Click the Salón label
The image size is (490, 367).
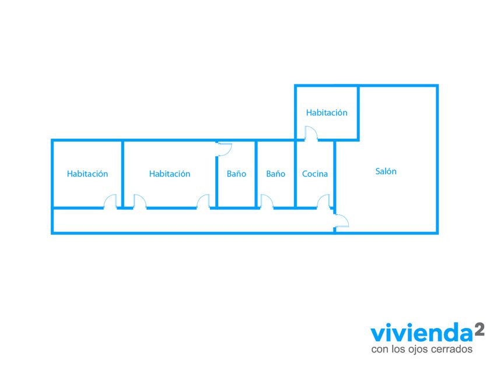point(386,171)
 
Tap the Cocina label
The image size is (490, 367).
point(315,174)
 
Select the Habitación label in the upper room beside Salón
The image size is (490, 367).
point(327,112)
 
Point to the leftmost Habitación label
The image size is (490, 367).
point(87,174)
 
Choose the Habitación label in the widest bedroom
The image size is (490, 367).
point(170,174)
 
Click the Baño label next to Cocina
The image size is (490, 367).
point(276,174)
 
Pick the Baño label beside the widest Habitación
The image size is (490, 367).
point(236,174)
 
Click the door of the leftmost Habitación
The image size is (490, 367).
point(111,202)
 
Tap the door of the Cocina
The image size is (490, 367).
point(324,202)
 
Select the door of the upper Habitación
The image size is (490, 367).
point(310,134)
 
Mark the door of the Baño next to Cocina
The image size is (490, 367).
point(266,202)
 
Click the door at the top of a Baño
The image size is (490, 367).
point(225,148)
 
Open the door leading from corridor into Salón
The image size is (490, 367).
point(342,220)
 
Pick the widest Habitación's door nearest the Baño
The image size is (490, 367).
point(204,202)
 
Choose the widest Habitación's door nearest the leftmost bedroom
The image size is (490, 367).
point(140,202)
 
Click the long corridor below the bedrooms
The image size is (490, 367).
point(192,221)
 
